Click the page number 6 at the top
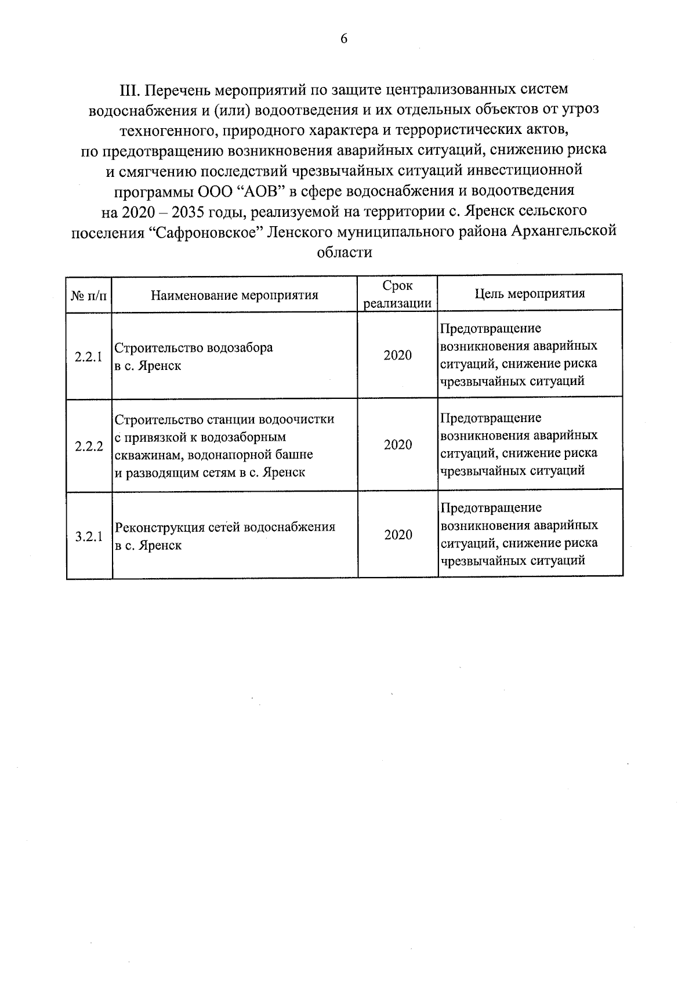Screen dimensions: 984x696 [x=344, y=39]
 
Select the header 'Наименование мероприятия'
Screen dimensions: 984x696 [x=234, y=295]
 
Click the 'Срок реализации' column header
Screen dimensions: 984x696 [x=397, y=295]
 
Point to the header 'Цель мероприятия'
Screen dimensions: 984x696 [x=530, y=293]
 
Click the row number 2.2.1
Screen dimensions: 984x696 [x=89, y=357]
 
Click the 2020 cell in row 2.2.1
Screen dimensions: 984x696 [x=397, y=355]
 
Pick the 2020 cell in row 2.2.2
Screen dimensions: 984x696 [x=397, y=445]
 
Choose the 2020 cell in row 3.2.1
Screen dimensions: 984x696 [x=398, y=535]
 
